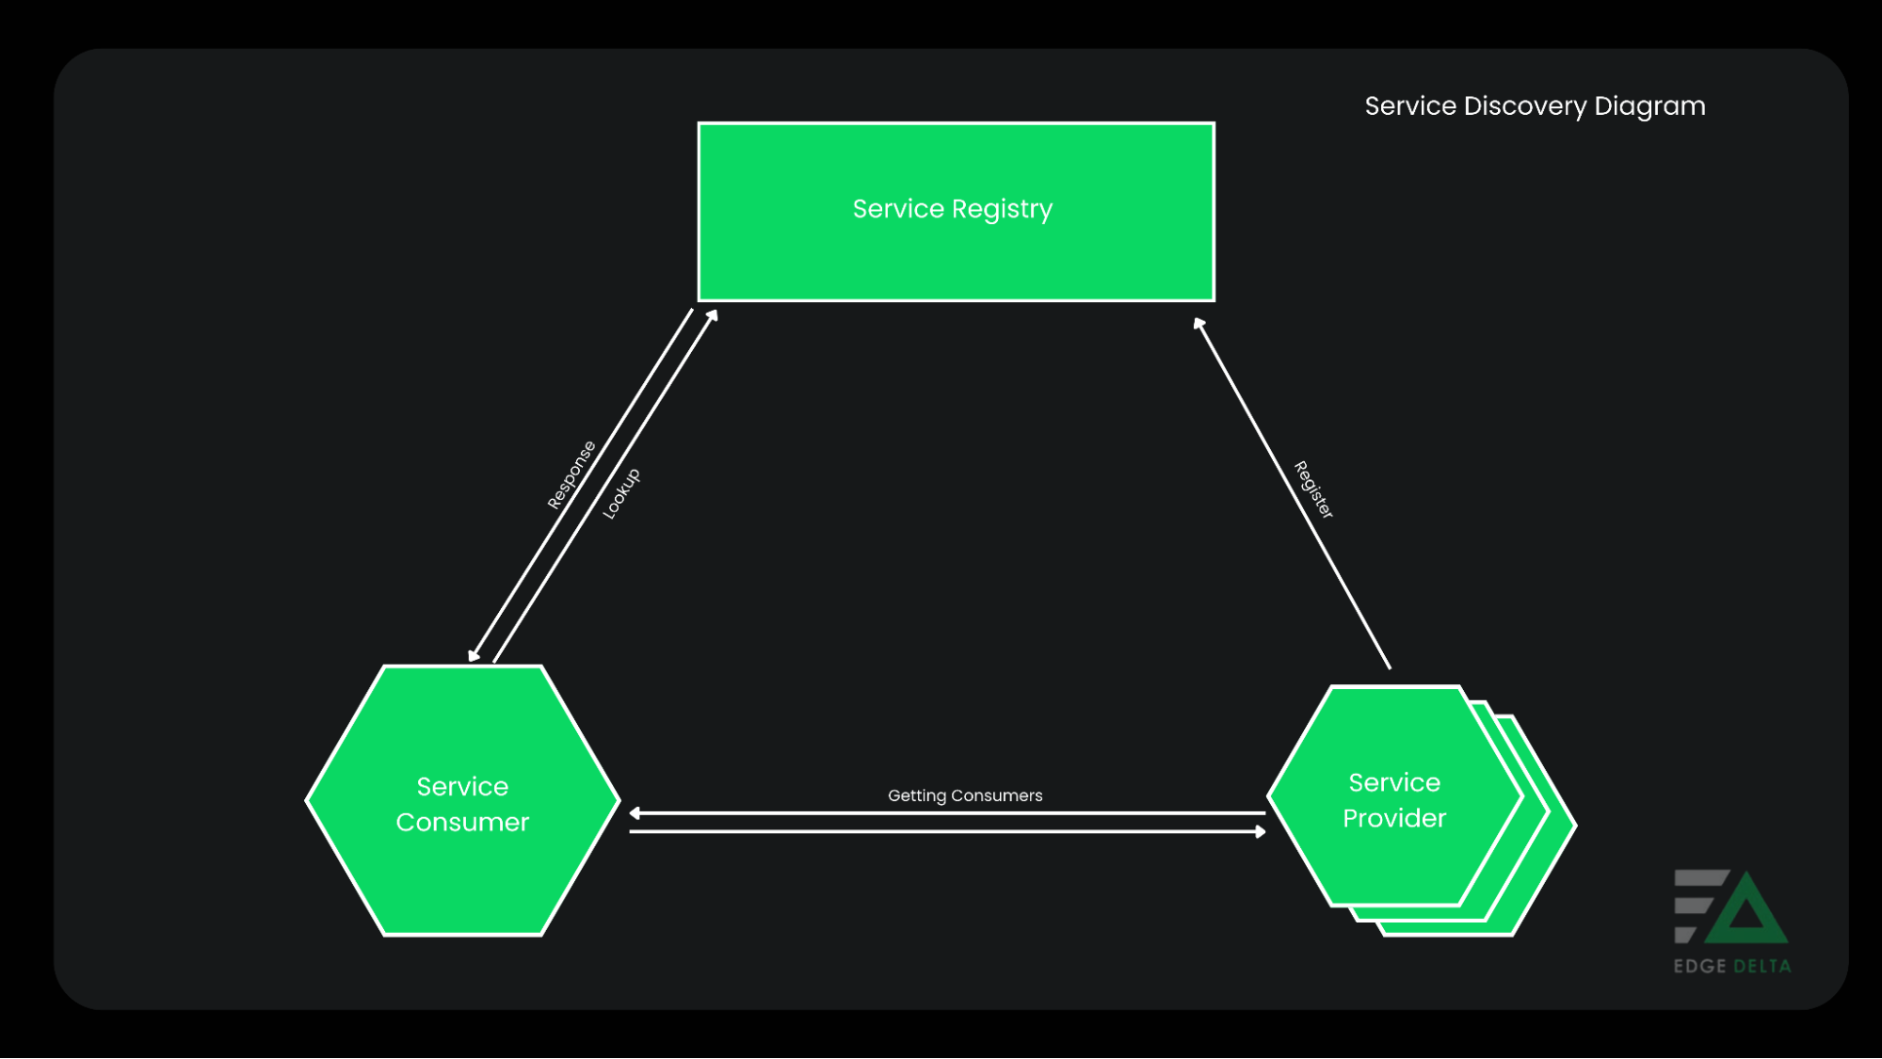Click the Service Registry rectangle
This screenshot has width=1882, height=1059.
[956, 254]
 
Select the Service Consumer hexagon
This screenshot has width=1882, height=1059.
[462, 875]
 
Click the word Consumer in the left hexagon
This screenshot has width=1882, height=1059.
[462, 822]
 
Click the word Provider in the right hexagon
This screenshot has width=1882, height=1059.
[1393, 818]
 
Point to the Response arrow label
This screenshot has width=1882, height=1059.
[571, 475]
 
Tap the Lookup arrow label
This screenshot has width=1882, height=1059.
[621, 493]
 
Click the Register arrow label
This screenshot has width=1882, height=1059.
[1313, 489]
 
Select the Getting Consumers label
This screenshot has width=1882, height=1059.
[965, 795]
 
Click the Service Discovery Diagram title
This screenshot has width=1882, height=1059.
[1535, 106]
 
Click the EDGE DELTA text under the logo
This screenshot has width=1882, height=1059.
[1731, 966]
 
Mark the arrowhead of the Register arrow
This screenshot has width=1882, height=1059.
[1199, 325]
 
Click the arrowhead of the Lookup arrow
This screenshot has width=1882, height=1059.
[713, 316]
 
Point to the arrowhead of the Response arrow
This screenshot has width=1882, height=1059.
[474, 655]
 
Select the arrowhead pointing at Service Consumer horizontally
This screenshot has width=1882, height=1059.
[635, 813]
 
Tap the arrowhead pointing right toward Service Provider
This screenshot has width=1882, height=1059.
[1260, 831]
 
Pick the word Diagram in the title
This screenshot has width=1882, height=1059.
[1649, 106]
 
